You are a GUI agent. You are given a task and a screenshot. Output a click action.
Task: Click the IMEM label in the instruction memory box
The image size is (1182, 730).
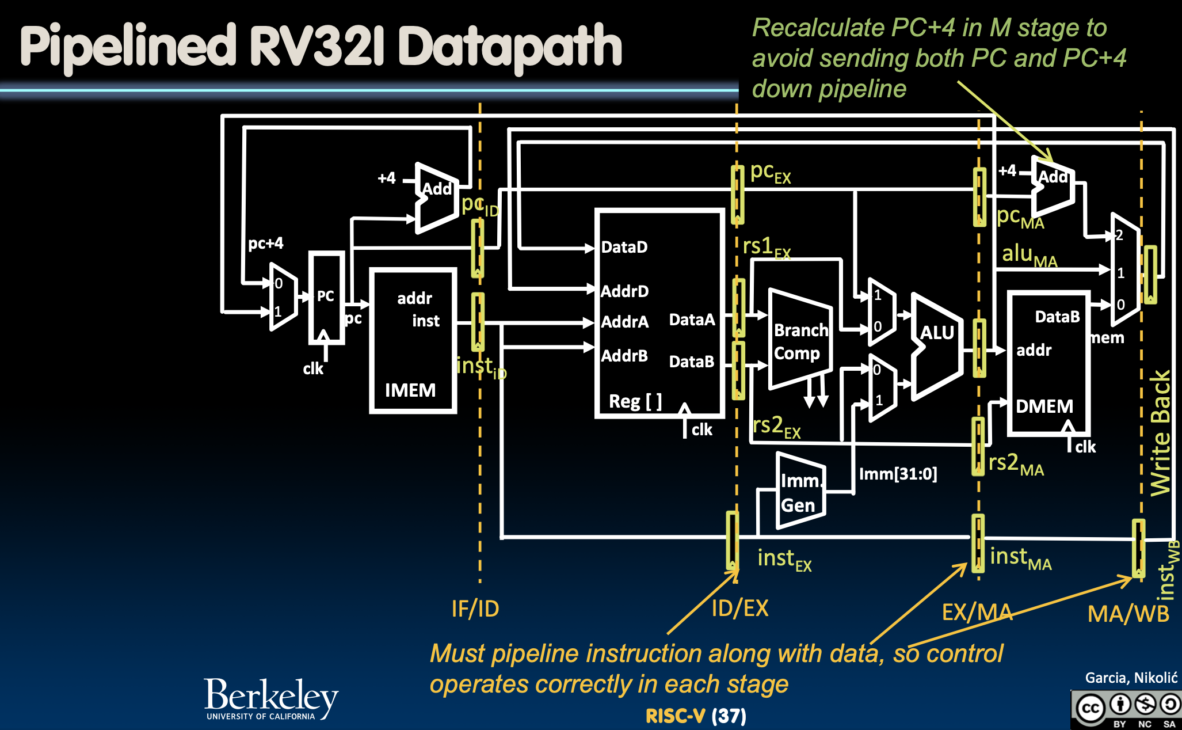tap(410, 390)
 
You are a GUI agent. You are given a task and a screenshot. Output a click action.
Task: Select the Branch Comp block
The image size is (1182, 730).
tap(800, 342)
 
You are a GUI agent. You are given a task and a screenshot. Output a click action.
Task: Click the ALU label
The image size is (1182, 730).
tap(937, 333)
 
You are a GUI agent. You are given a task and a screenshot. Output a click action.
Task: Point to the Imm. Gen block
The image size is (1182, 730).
tap(800, 493)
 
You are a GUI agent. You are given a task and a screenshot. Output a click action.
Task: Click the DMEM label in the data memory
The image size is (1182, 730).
tap(1044, 406)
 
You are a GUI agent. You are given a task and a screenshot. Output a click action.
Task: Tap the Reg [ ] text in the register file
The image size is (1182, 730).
tap(635, 401)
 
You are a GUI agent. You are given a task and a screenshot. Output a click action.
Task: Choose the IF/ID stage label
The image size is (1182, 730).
tap(475, 609)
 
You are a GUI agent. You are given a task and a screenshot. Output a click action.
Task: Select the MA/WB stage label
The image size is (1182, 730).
tap(1128, 614)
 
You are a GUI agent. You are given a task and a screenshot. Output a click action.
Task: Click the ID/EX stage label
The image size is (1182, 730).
tap(739, 608)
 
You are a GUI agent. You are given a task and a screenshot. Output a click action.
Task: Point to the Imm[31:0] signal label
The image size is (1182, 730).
tap(898, 474)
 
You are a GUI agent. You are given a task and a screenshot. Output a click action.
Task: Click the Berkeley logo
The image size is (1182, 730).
tap(271, 698)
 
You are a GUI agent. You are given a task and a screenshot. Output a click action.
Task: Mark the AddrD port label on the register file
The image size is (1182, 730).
tap(624, 291)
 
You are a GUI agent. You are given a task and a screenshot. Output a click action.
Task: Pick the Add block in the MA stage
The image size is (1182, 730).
tap(1053, 187)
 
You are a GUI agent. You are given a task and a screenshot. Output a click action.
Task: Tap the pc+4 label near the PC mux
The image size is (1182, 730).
tap(265, 243)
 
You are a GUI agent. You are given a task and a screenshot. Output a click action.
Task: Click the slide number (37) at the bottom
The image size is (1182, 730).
tap(729, 716)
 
